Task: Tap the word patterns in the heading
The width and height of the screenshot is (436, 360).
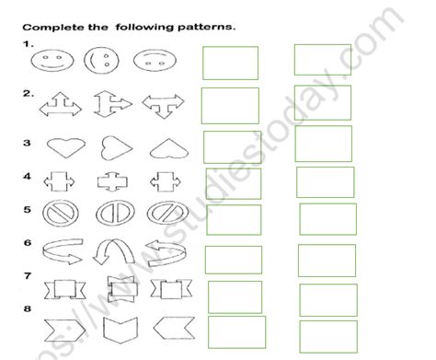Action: point(207,26)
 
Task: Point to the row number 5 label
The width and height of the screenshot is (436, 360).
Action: point(28,209)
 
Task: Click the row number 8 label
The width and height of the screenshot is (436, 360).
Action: point(28,309)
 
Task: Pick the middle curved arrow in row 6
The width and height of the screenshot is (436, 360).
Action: point(112,253)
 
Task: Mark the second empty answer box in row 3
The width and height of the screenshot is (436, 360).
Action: point(324,144)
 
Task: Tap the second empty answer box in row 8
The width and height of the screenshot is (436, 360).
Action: point(327,330)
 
